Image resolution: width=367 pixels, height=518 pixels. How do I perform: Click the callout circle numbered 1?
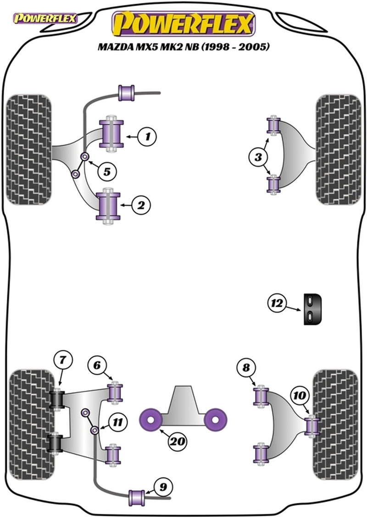coord(147,136)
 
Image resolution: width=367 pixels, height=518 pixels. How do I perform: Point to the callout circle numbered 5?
coord(106,172)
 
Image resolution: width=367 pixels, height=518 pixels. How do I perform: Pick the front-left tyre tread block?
coord(28,149)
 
